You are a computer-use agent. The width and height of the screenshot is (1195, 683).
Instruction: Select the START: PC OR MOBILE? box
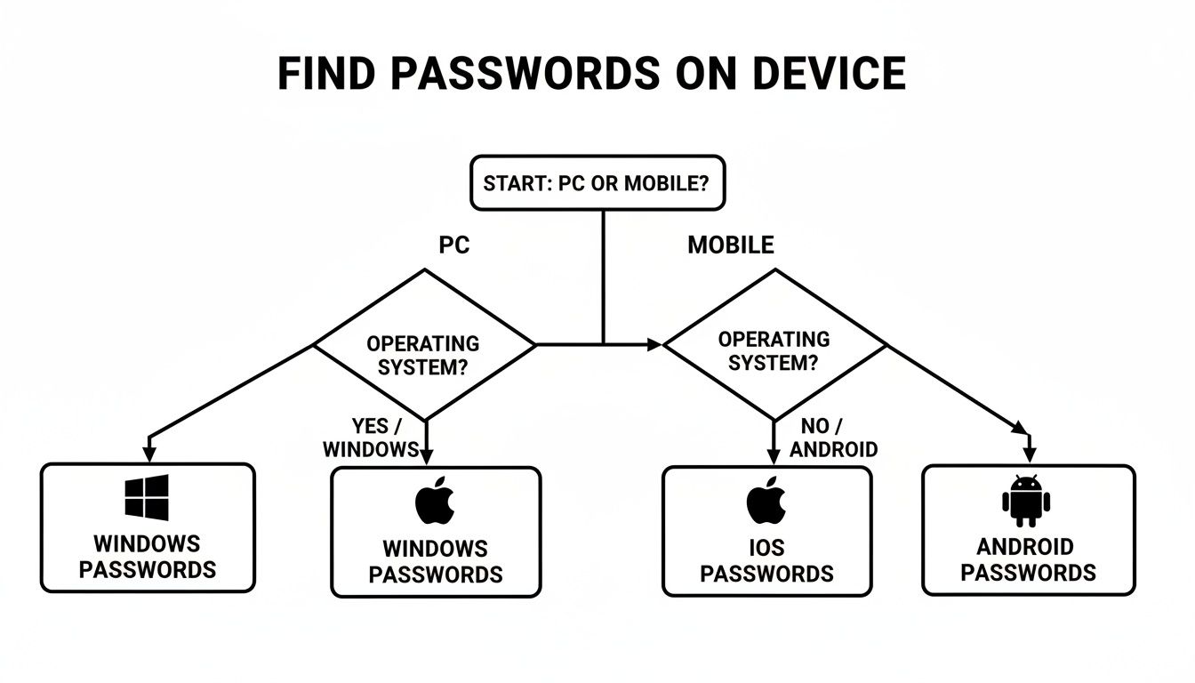[x=597, y=183]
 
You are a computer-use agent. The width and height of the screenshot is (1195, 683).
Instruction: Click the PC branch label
[x=453, y=245]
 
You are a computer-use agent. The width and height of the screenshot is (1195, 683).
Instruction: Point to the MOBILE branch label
[x=730, y=245]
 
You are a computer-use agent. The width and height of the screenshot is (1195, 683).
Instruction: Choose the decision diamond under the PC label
[x=424, y=345]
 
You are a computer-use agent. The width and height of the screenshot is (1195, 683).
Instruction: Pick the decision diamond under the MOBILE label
[x=774, y=344]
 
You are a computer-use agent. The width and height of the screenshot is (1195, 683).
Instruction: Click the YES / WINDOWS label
[x=371, y=438]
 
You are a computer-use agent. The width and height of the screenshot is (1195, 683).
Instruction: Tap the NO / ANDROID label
[x=833, y=438]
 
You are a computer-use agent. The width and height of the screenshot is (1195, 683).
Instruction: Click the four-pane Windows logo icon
[x=147, y=497]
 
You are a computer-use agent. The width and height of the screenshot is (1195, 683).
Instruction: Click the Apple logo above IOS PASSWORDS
[x=766, y=501]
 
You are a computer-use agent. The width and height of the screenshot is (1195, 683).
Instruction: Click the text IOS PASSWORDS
[x=766, y=561]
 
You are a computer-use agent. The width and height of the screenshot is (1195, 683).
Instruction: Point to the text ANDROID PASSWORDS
[x=1027, y=559]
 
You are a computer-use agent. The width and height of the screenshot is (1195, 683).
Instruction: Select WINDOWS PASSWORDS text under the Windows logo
[x=147, y=556]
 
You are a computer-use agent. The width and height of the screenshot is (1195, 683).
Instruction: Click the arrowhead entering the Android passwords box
[x=1029, y=454]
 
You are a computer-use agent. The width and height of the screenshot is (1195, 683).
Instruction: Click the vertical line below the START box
[x=604, y=276]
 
